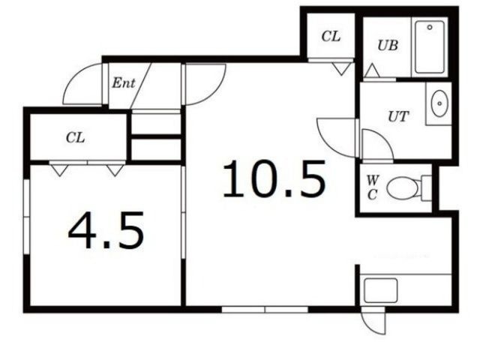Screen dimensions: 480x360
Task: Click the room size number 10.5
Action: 274,178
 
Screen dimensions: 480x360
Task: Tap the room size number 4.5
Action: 106,230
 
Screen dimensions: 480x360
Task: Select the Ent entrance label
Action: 123,83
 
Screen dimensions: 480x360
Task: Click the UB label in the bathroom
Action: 388,46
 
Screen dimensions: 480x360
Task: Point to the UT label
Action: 398,116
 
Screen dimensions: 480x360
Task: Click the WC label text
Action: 372,187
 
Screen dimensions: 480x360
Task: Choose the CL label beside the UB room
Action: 331,37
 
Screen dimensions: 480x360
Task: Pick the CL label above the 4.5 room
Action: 75,138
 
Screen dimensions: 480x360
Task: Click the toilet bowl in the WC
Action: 403,187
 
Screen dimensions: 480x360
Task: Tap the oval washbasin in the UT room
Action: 439,103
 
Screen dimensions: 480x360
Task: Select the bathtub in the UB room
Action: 430,46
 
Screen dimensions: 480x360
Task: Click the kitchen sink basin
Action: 380,290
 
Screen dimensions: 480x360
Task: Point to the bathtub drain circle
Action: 430,27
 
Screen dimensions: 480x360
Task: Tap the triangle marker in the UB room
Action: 372,71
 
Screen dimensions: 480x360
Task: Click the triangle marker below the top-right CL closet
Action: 341,70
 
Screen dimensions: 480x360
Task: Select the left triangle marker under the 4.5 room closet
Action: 59,170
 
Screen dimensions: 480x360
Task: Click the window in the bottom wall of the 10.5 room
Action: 265,310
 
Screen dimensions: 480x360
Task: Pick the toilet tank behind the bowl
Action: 426,188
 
